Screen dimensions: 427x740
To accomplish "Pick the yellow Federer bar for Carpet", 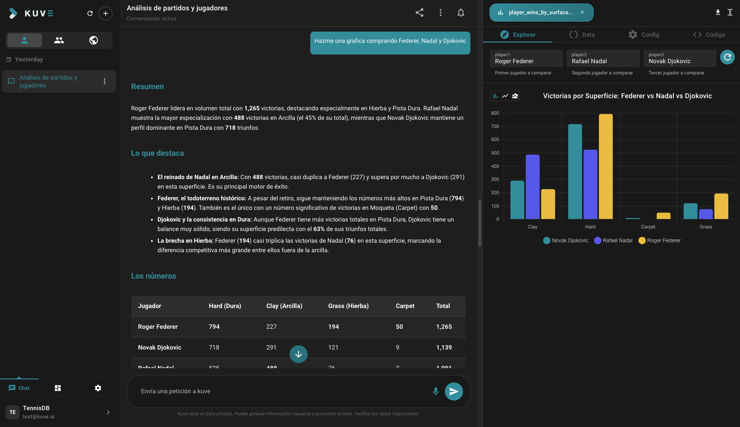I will point(663,216).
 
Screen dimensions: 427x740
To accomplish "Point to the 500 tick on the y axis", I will point(495,153).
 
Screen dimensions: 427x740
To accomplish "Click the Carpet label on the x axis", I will point(648,227).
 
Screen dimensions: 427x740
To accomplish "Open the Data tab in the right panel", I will point(582,35).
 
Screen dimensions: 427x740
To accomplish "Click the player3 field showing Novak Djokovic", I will point(679,58).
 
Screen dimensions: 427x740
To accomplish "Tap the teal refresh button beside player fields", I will point(727,57).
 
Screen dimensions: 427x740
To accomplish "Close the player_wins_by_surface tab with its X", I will point(582,13).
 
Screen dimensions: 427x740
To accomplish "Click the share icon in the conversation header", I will point(419,13).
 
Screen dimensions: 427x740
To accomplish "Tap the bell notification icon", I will point(460,13).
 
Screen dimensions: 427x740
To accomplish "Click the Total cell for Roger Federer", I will point(444,327).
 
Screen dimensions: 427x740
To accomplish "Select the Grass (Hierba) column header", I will point(348,306).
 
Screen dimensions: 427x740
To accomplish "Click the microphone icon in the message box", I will point(435,391).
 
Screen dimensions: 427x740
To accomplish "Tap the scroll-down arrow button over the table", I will point(299,354).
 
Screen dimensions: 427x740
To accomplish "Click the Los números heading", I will point(154,276).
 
